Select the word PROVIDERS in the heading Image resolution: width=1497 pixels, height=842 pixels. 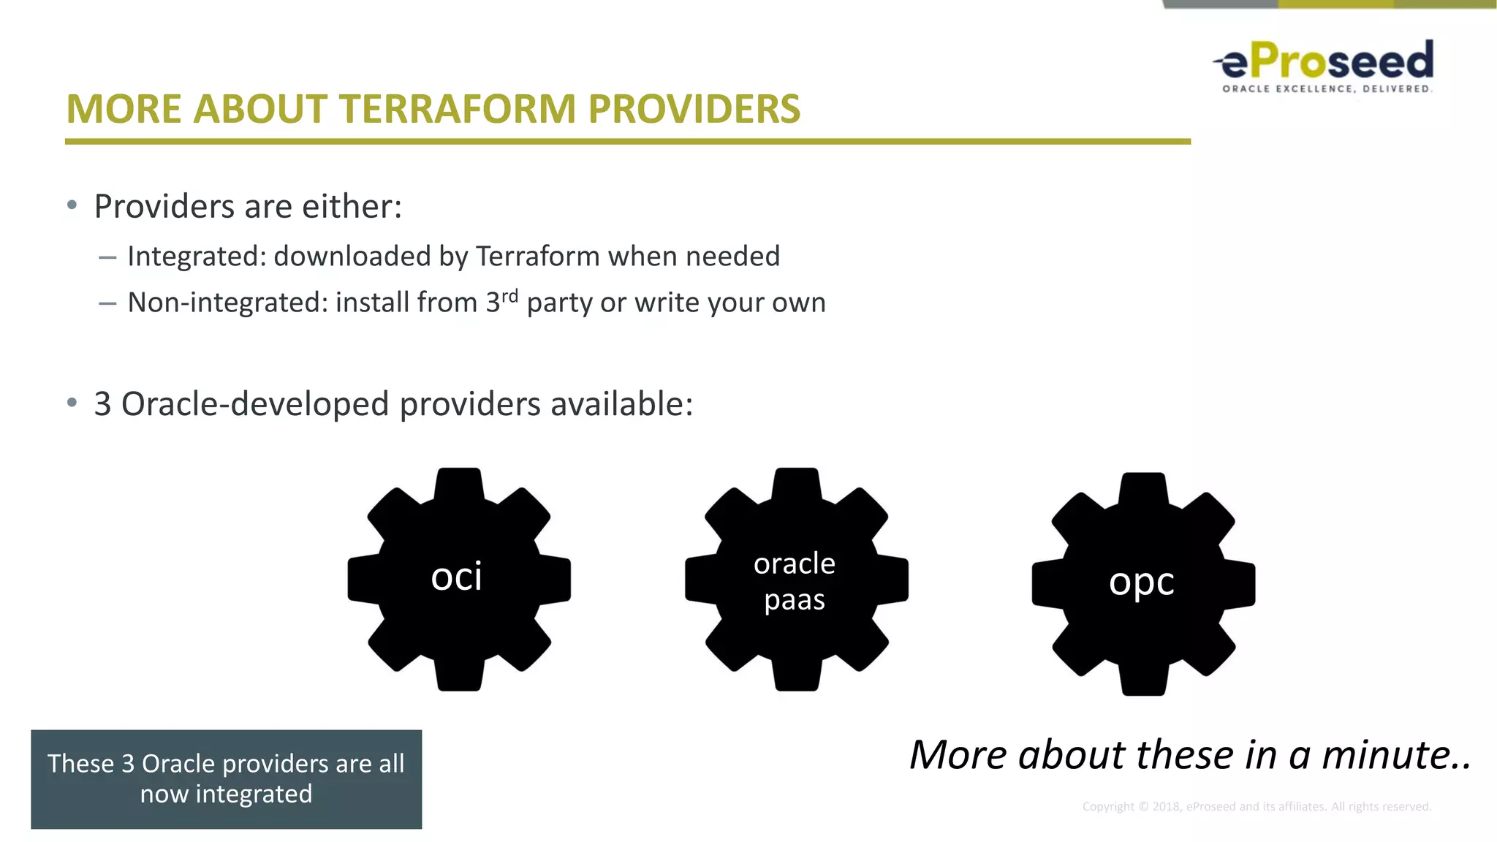click(x=694, y=110)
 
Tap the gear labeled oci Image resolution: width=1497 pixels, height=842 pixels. click(x=459, y=579)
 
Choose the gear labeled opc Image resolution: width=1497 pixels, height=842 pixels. click(x=1143, y=583)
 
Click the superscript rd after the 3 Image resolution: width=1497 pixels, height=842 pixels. click(x=509, y=295)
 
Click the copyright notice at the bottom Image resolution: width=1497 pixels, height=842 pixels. click(x=1257, y=806)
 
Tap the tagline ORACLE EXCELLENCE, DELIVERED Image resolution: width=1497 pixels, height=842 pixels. click(x=1327, y=89)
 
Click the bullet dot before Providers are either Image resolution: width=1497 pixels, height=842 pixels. click(x=72, y=205)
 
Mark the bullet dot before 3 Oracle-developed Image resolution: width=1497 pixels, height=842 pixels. click(x=72, y=403)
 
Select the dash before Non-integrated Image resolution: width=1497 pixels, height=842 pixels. click(x=107, y=303)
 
